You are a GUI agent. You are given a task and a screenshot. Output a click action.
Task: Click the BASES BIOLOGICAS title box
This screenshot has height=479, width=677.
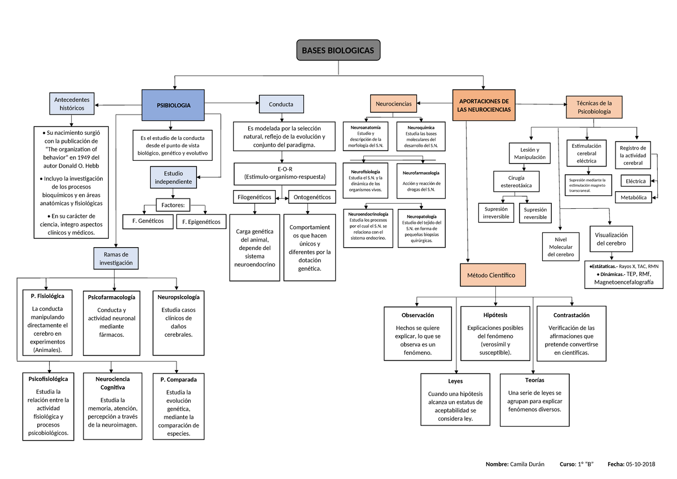(x=338, y=51)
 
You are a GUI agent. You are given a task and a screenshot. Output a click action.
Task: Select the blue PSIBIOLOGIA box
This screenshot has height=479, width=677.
(x=174, y=105)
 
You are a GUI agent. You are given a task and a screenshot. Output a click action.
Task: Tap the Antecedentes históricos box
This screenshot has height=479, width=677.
(x=72, y=103)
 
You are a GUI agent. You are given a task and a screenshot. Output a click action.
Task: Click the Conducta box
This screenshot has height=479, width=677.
(x=281, y=104)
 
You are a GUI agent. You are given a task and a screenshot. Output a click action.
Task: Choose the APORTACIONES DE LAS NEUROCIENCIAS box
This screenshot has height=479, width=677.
(x=484, y=105)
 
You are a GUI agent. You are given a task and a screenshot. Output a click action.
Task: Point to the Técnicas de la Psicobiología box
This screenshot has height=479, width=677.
(x=594, y=107)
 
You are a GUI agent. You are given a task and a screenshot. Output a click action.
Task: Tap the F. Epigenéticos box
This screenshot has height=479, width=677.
(x=201, y=222)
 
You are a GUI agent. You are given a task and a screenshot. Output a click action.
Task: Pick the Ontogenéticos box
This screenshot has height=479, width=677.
(x=313, y=197)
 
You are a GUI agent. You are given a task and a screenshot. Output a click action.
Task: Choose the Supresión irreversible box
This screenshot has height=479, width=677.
(x=496, y=213)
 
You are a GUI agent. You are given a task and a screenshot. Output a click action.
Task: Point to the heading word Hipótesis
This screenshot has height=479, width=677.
(x=495, y=315)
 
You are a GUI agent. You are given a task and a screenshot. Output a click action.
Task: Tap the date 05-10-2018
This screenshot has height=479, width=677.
(x=640, y=464)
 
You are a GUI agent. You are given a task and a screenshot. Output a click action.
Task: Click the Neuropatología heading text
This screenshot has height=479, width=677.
(x=421, y=216)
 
